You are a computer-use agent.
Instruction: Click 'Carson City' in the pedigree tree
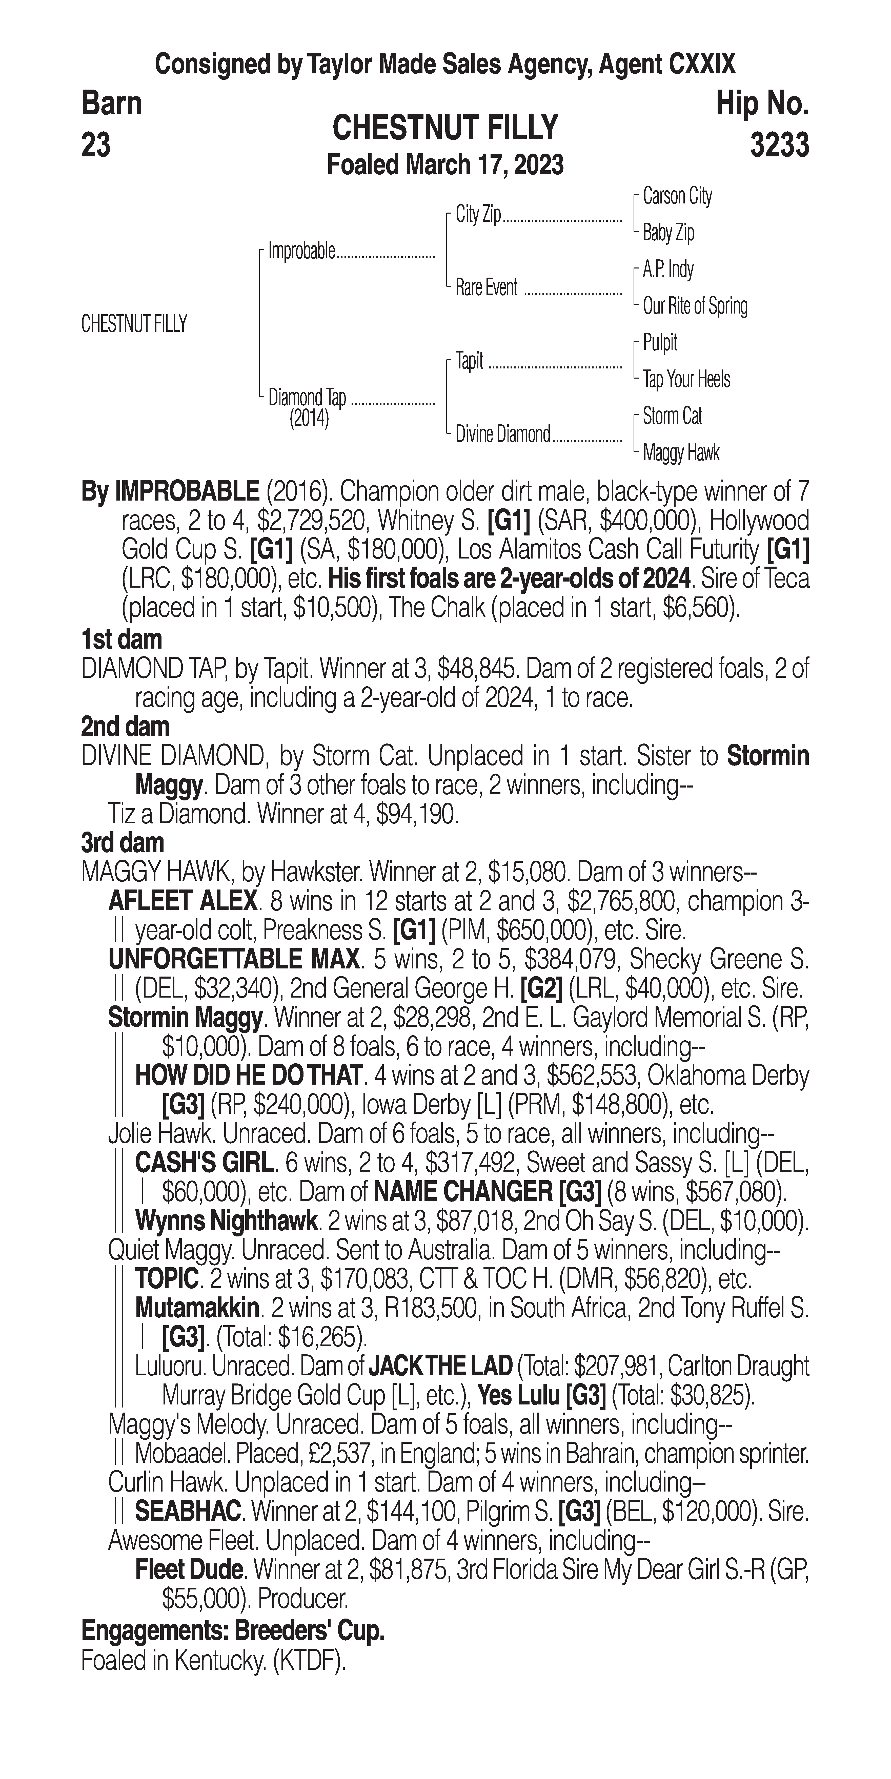coord(677,196)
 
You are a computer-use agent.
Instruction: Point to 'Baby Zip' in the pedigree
coord(668,233)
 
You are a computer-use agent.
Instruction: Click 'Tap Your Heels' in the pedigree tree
coord(686,379)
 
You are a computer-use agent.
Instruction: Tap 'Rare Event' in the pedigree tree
coord(486,287)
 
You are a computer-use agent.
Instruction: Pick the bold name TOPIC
coord(167,1279)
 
